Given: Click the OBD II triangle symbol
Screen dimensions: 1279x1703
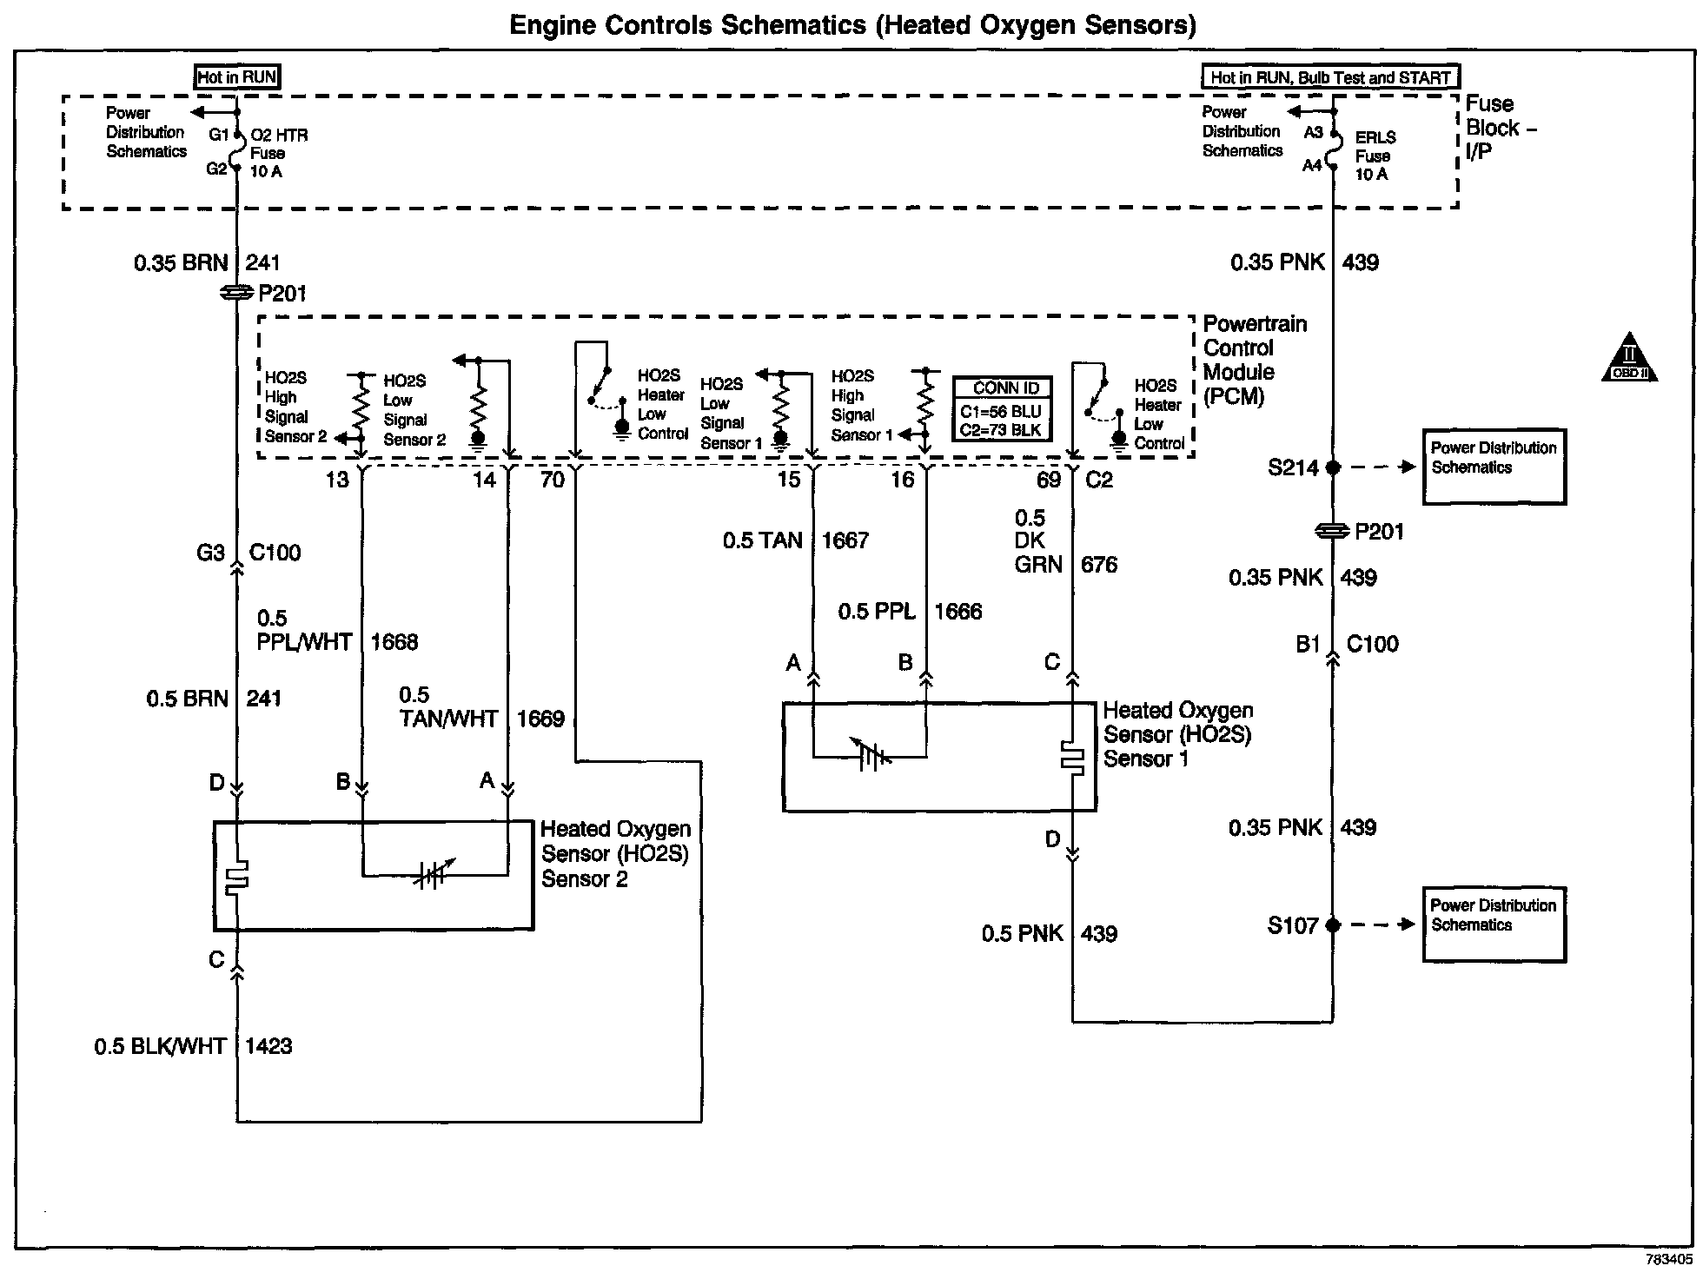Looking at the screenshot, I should [1628, 359].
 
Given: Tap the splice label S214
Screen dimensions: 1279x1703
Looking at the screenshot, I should [1293, 468].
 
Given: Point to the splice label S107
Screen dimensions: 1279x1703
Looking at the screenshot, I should [1293, 926].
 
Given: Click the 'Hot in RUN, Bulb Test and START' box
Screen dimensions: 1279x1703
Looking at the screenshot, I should [1330, 77].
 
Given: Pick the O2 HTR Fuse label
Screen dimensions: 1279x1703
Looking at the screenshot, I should [278, 154].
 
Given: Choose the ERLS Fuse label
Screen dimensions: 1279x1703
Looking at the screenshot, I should [1375, 156].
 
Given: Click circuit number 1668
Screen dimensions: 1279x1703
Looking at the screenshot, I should [394, 643].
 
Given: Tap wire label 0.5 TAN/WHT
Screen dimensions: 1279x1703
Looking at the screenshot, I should [448, 708].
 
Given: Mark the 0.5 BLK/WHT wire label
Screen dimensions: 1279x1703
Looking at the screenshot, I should [161, 1047].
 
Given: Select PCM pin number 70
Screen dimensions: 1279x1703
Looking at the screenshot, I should [553, 480].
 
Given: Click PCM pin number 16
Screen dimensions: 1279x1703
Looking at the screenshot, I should [903, 480].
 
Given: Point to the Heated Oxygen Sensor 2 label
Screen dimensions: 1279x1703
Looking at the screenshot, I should [615, 854].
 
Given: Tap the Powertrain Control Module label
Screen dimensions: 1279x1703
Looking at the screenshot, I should [1254, 360].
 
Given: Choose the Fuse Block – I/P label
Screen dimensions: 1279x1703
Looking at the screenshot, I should [1501, 129].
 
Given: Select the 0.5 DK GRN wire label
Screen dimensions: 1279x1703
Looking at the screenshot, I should [1038, 542].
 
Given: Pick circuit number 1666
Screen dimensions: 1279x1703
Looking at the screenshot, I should [958, 613].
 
